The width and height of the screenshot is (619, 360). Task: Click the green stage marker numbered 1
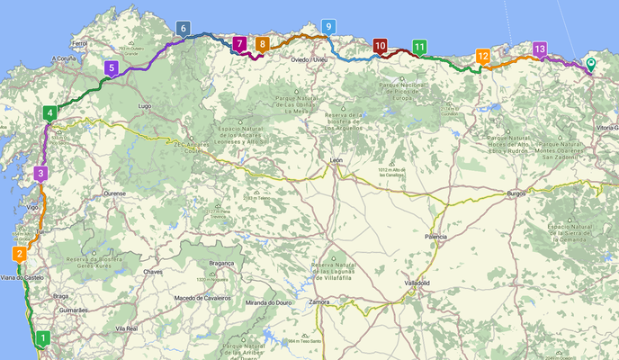pyautogui.click(x=42, y=338)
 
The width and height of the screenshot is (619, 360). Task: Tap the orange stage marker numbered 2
pyautogui.click(x=19, y=254)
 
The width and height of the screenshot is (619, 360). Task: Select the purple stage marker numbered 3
pyautogui.click(x=40, y=173)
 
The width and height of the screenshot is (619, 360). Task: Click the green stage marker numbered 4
pyautogui.click(x=49, y=112)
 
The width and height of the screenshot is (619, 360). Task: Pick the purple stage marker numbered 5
pyautogui.click(x=111, y=67)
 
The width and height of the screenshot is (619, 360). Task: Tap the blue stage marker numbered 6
pyautogui.click(x=184, y=29)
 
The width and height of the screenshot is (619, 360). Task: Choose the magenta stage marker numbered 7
pyautogui.click(x=239, y=42)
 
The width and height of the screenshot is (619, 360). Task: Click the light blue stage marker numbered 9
pyautogui.click(x=328, y=27)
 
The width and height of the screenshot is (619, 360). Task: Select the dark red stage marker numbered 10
pyautogui.click(x=380, y=45)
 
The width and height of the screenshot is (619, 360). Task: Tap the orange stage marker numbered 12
pyautogui.click(x=483, y=56)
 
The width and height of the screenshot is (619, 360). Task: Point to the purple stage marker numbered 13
pyautogui.click(x=539, y=49)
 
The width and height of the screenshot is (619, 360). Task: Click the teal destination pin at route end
pyautogui.click(x=590, y=64)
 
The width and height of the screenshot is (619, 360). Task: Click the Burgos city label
pyautogui.click(x=516, y=193)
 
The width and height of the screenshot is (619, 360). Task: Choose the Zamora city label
pyautogui.click(x=318, y=302)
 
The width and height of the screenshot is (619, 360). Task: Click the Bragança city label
pyautogui.click(x=220, y=263)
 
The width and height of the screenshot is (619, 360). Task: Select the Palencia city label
pyautogui.click(x=435, y=237)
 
